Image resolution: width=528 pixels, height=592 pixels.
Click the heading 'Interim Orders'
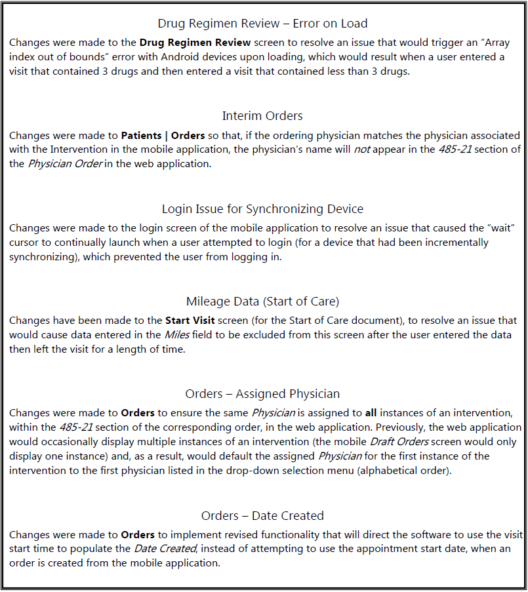262,116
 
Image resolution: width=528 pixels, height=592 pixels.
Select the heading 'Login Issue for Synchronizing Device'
262,209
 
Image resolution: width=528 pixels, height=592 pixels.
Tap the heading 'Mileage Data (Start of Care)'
262,302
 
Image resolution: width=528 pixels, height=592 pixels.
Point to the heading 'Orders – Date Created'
262,515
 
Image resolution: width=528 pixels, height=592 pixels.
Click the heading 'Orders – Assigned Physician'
262,394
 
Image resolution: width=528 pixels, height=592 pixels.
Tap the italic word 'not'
362,149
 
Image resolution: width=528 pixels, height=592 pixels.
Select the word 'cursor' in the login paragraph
25,243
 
